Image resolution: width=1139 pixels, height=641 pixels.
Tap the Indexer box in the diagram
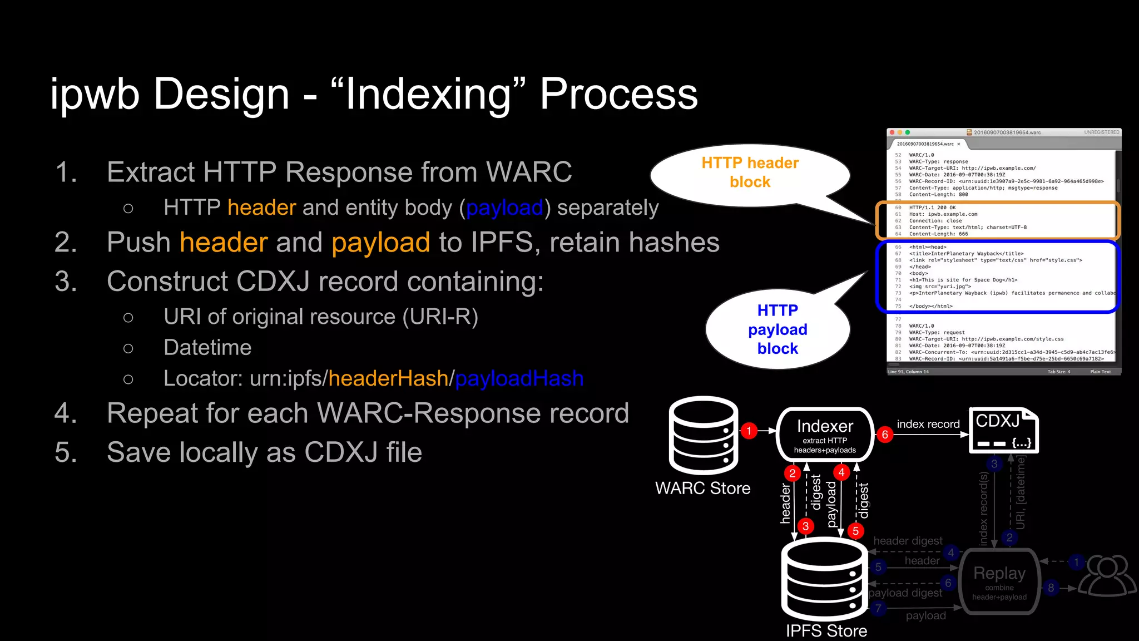pos(825,435)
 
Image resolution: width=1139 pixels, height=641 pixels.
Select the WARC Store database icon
pos(704,436)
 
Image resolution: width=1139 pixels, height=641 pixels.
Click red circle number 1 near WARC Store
pos(749,431)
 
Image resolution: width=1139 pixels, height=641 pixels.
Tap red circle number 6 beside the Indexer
pos(885,435)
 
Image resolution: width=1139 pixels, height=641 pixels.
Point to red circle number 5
pos(855,531)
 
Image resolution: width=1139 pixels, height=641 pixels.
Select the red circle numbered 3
pos(805,526)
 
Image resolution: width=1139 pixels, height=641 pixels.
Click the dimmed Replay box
pos(999,581)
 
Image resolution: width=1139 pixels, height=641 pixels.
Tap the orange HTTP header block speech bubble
pos(750,172)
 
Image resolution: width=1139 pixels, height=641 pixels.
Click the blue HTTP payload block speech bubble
pos(778,329)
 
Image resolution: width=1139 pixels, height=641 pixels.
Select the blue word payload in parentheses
pos(504,208)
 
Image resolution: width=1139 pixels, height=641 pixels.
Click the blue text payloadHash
pos(519,378)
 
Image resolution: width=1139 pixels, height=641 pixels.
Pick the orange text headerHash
pos(388,378)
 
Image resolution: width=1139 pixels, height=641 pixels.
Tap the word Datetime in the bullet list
pos(207,347)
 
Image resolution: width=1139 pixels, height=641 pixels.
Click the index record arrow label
pos(928,424)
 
